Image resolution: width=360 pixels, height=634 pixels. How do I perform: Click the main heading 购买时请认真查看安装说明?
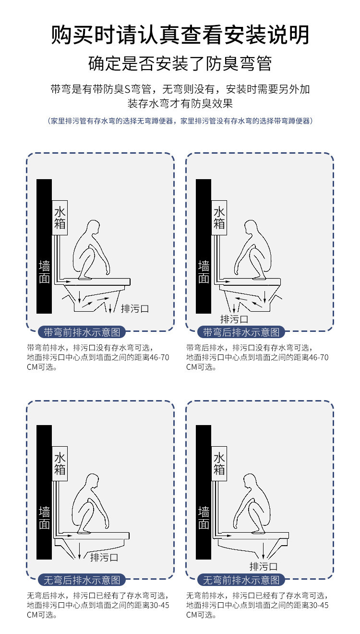click(x=180, y=35)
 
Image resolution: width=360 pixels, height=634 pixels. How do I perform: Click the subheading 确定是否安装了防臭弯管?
click(x=180, y=63)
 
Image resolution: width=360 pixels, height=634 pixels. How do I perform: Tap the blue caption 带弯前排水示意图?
click(x=82, y=332)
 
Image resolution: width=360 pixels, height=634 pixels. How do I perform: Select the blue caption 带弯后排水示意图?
click(x=241, y=332)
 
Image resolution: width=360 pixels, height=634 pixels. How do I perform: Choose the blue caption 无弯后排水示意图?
click(x=82, y=580)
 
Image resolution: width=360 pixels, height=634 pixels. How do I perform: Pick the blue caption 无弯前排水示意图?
click(x=241, y=580)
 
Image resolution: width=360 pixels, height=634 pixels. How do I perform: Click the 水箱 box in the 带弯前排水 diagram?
click(x=60, y=218)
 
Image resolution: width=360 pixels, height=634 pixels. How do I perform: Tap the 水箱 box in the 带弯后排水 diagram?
click(x=219, y=218)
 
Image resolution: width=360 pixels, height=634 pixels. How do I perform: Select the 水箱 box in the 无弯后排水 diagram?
click(x=60, y=463)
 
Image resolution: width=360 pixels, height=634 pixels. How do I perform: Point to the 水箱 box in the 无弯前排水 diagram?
click(x=219, y=463)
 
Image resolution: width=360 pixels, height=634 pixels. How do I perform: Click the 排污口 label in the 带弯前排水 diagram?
click(x=135, y=308)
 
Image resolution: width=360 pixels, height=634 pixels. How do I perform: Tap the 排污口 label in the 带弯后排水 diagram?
click(x=234, y=319)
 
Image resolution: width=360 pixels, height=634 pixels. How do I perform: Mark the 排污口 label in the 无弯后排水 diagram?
click(x=104, y=557)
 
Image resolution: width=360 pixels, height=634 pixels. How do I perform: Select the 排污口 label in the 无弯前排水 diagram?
click(x=264, y=566)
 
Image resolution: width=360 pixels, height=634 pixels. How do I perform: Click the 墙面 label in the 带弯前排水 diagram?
click(x=44, y=272)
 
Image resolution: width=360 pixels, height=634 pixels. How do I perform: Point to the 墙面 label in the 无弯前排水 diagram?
click(x=204, y=518)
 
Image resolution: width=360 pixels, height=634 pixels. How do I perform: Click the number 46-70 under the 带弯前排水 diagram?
click(x=159, y=357)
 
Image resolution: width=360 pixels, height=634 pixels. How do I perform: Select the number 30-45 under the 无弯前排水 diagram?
click(x=319, y=605)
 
